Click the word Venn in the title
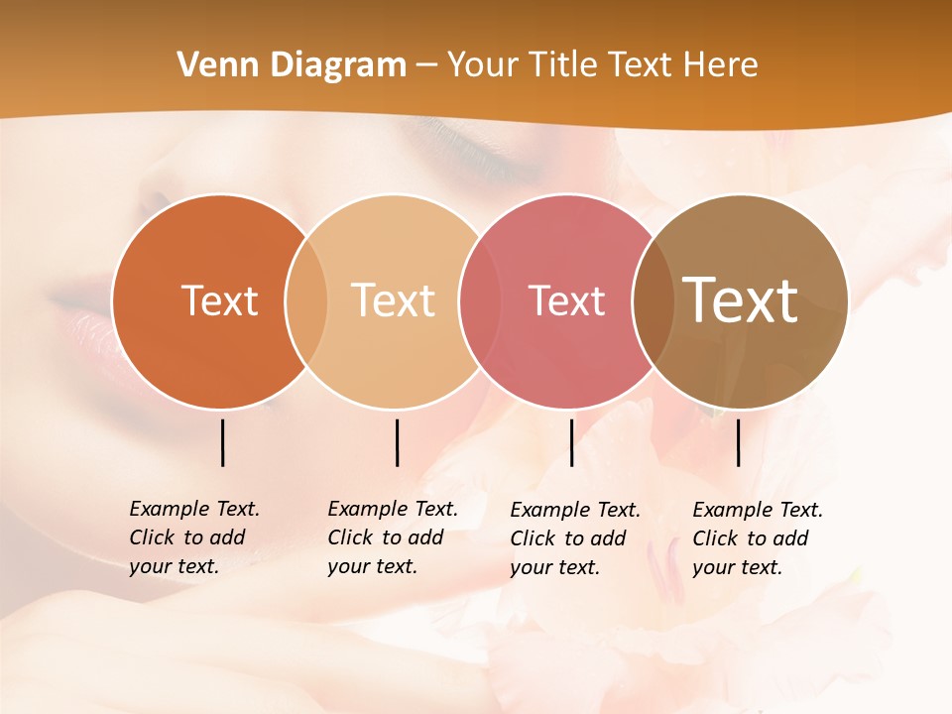click(213, 64)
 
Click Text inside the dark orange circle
click(219, 300)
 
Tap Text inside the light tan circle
click(394, 300)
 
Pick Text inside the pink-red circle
click(566, 300)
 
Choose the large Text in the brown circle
click(741, 300)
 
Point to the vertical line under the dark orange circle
click(222, 442)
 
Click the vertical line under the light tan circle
click(397, 442)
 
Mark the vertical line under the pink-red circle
click(571, 442)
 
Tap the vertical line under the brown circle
click(738, 442)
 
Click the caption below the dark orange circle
click(194, 537)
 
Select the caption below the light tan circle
click(393, 537)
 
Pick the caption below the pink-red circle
click(575, 538)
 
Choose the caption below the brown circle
click(758, 538)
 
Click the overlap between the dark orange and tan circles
click(306, 300)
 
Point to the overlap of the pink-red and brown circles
click(653, 300)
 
